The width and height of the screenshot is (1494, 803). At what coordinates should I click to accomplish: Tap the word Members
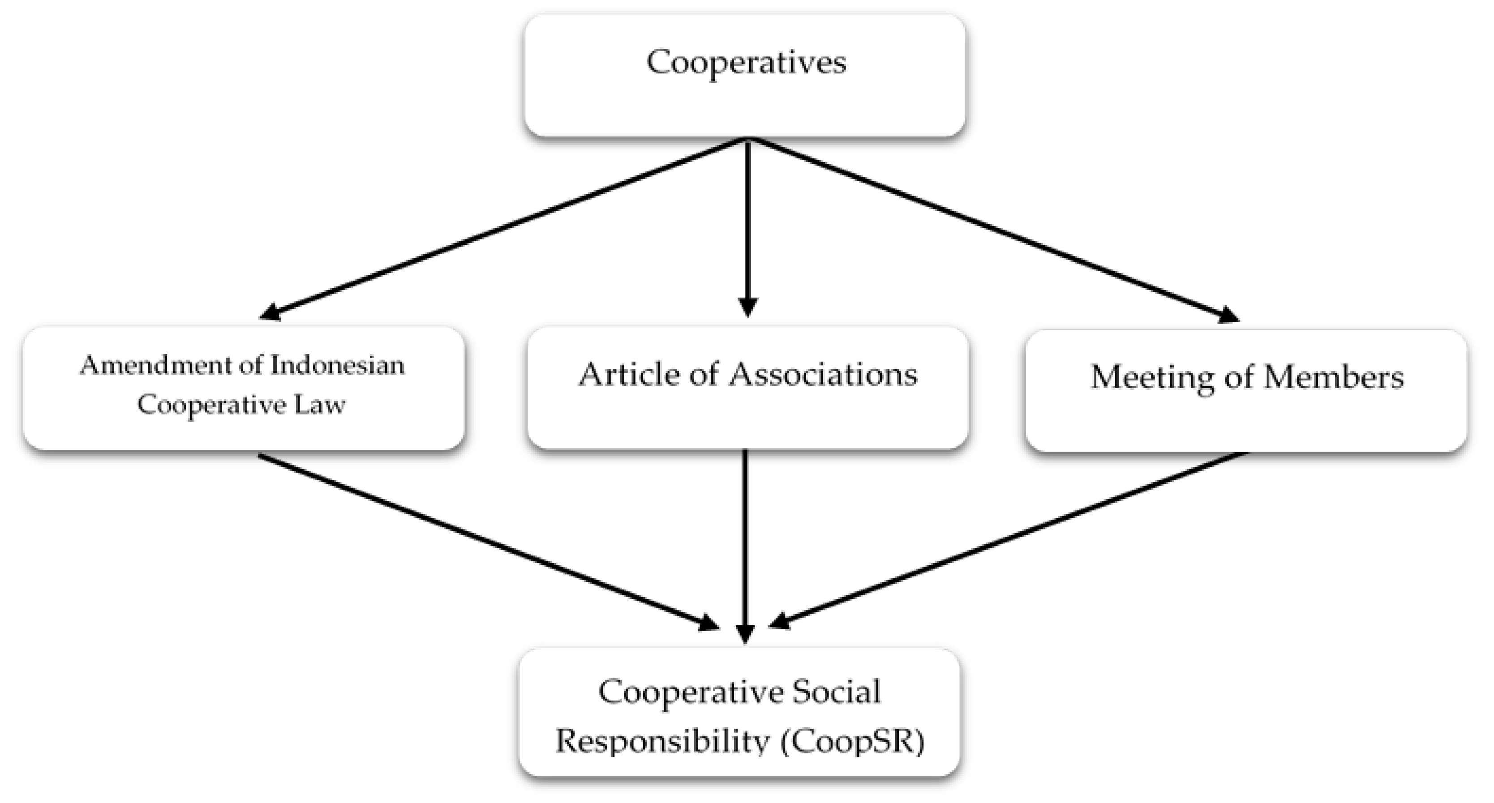pos(1334,377)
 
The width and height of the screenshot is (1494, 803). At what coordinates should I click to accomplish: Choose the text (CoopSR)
pos(853,742)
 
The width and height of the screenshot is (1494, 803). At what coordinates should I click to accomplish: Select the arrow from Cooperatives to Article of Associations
pos(747,226)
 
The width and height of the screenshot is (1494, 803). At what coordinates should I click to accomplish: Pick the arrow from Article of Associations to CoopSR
pos(745,545)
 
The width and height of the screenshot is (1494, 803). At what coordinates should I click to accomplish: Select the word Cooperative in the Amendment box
pos(210,405)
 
